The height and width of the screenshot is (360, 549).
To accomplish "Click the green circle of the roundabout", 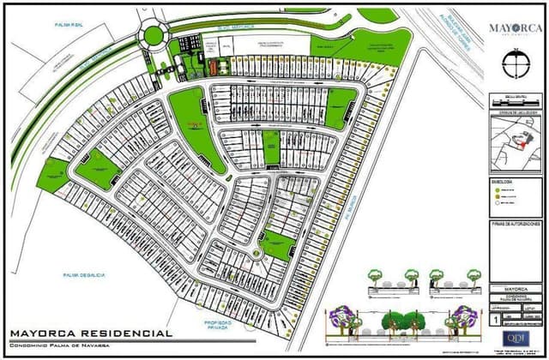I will [154, 35].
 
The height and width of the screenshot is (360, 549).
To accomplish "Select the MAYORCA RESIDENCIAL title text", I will [91, 333].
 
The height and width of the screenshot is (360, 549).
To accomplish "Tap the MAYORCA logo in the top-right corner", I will [516, 27].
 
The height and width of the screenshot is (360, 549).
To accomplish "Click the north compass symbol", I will [516, 62].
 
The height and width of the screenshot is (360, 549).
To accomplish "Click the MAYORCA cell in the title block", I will [516, 289].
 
